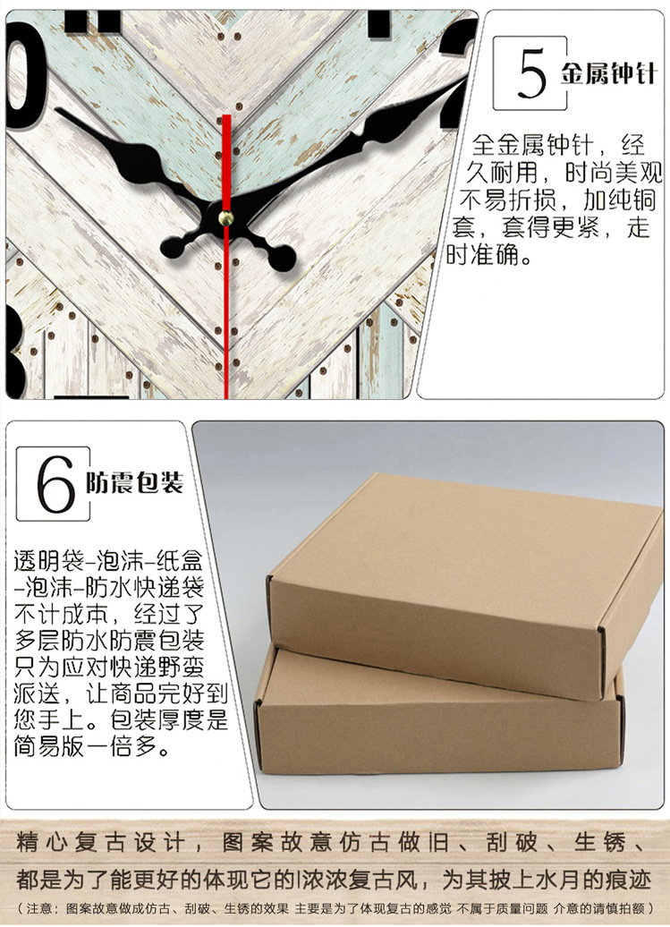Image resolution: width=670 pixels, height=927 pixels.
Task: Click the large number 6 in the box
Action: tap(55, 484)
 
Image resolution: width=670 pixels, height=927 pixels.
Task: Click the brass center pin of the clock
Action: tap(226, 217)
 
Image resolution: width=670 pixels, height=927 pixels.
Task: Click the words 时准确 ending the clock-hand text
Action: tap(488, 256)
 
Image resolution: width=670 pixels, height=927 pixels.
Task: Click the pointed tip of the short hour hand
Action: tap(61, 113)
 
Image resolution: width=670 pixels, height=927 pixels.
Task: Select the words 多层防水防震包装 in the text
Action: tap(108, 641)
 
